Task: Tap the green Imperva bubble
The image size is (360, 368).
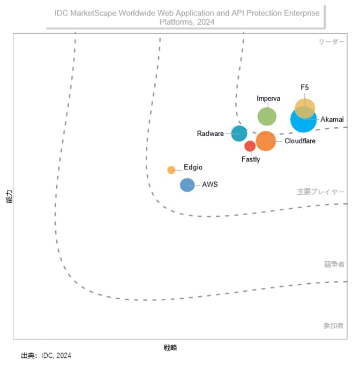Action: [x=267, y=116]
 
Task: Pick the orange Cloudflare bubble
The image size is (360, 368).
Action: [x=266, y=141]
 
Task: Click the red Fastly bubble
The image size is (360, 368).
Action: [x=250, y=146]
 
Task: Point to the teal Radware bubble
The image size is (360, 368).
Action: [x=239, y=133]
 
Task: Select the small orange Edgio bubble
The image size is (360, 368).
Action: [x=171, y=170]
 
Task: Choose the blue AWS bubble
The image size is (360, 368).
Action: [x=187, y=185]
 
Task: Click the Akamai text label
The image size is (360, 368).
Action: [x=332, y=119]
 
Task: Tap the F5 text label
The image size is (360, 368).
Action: [x=305, y=87]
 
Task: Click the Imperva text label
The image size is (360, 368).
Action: [x=268, y=98]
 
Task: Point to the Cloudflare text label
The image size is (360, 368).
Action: [x=300, y=141]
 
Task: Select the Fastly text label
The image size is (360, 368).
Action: [x=251, y=159]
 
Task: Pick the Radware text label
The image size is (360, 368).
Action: [x=210, y=134]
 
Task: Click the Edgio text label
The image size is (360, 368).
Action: [x=193, y=167]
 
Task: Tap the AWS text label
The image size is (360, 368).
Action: [x=210, y=185]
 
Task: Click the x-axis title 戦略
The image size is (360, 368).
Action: [x=170, y=348]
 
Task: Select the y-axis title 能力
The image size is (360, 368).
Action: [x=8, y=197]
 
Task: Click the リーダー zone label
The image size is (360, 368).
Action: [x=332, y=42]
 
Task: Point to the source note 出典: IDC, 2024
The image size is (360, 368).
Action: [x=46, y=356]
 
